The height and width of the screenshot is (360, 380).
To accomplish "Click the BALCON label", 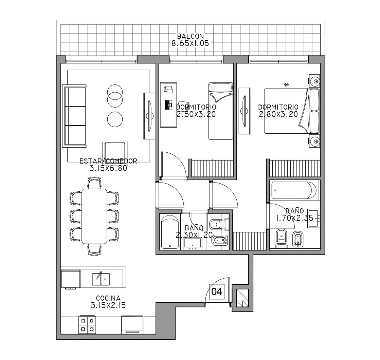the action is (191, 36).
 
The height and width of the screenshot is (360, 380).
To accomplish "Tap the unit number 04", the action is (216, 292).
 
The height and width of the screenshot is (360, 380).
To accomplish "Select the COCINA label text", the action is (108, 298).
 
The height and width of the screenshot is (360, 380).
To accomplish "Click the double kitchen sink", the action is (101, 279).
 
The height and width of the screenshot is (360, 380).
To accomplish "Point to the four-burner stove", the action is (87, 325).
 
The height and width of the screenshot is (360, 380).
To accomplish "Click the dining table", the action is (94, 216).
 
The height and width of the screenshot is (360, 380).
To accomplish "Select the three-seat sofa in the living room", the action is (74, 116).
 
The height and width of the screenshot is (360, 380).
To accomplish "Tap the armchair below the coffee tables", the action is (115, 150).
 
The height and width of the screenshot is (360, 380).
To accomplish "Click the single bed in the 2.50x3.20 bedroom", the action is (221, 111).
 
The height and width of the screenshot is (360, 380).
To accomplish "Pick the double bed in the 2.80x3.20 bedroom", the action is (292, 111).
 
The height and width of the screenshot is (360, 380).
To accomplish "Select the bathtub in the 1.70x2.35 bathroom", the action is (294, 191).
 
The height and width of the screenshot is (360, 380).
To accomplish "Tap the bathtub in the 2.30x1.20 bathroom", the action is (170, 232).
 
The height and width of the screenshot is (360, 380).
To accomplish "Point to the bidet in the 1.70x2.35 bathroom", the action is (298, 240).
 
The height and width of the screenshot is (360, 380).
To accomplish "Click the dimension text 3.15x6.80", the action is (108, 168).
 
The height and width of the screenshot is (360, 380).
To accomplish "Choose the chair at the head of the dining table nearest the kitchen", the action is (94, 250).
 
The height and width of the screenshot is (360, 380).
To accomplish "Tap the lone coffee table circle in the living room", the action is (115, 119).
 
